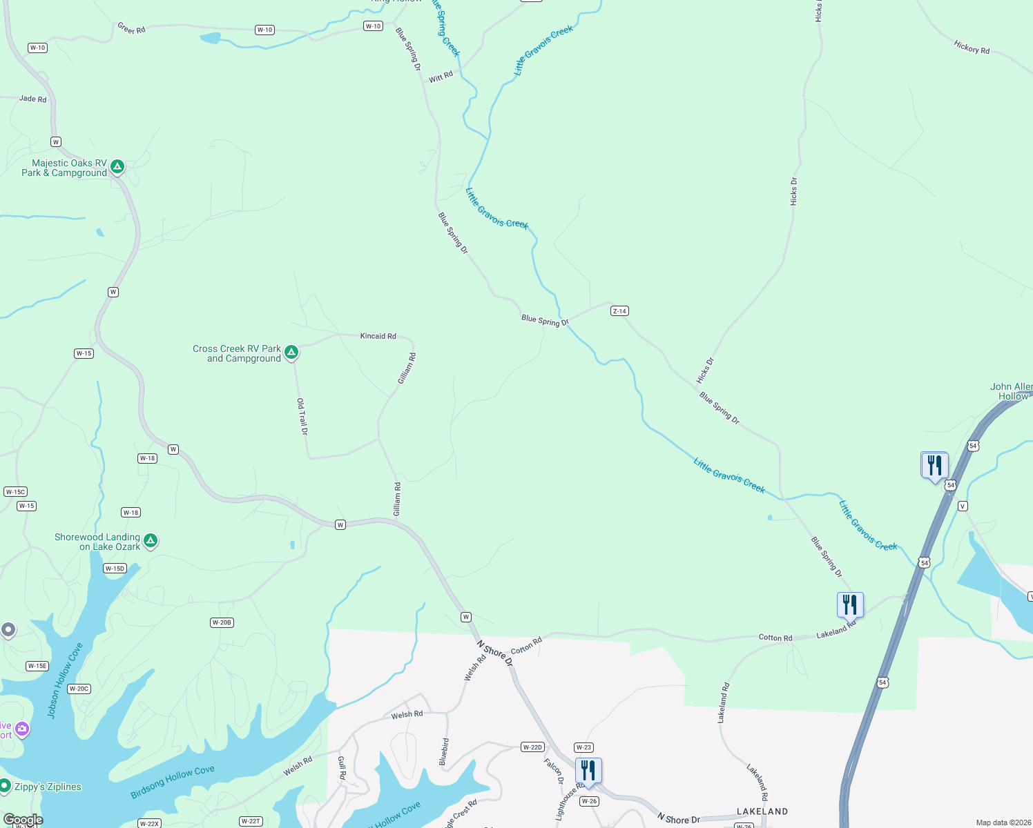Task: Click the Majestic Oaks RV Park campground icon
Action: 117,166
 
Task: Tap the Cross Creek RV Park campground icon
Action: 291,352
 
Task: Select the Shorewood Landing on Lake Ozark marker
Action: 151,540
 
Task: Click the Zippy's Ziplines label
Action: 48,787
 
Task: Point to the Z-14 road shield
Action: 619,311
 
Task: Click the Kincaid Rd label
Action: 378,336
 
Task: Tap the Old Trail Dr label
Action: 302,416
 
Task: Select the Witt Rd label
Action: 441,77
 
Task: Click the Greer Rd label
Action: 131,29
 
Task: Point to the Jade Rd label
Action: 32,99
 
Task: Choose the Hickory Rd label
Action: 972,48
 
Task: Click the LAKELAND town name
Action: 762,811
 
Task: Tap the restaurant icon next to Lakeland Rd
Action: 850,604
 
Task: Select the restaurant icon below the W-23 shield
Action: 588,770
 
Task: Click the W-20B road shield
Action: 222,622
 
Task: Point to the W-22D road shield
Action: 532,747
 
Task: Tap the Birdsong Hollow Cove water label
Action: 173,782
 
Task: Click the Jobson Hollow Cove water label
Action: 65,680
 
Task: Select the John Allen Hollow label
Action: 1012,391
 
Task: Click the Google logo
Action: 23,820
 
